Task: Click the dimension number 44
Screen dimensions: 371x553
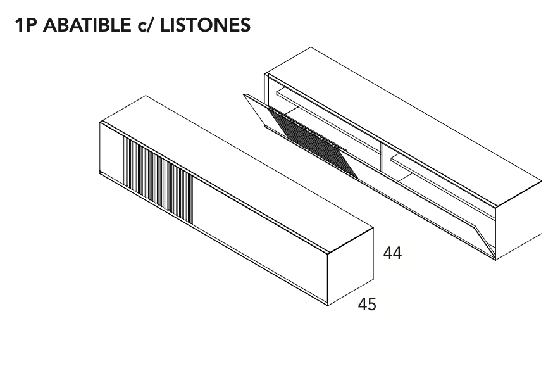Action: [x=392, y=254]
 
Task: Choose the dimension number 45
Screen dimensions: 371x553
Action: [x=367, y=305]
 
